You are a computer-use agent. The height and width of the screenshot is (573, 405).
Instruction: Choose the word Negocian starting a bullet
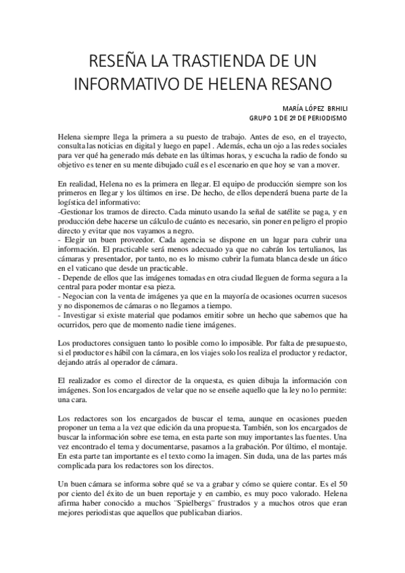[x=82, y=298]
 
